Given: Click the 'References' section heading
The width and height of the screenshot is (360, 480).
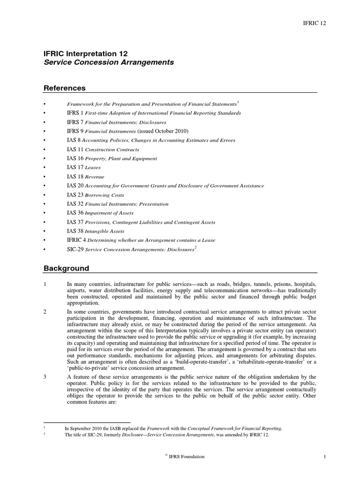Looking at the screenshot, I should tap(65, 88).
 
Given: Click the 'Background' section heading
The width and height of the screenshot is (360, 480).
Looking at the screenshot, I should tap(66, 269).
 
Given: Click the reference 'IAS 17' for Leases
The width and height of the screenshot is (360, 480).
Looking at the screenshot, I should tap(74, 167).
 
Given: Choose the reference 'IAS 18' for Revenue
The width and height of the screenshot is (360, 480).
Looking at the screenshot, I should tap(74, 177).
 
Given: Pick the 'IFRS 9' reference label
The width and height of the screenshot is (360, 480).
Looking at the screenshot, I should tap(75, 131).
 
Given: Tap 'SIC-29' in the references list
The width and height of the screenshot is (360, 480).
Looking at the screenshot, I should tap(75, 249).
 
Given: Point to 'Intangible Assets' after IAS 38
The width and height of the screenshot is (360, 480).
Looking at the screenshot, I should tap(105, 232).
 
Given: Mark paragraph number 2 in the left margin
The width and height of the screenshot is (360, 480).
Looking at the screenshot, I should tap(44, 312).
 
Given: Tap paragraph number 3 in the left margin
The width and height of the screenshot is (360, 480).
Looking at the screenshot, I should tap(44, 377).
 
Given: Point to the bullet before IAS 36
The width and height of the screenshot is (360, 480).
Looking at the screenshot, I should tap(44, 213).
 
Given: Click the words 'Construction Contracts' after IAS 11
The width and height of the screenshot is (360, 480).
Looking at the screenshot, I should tap(112, 150).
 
